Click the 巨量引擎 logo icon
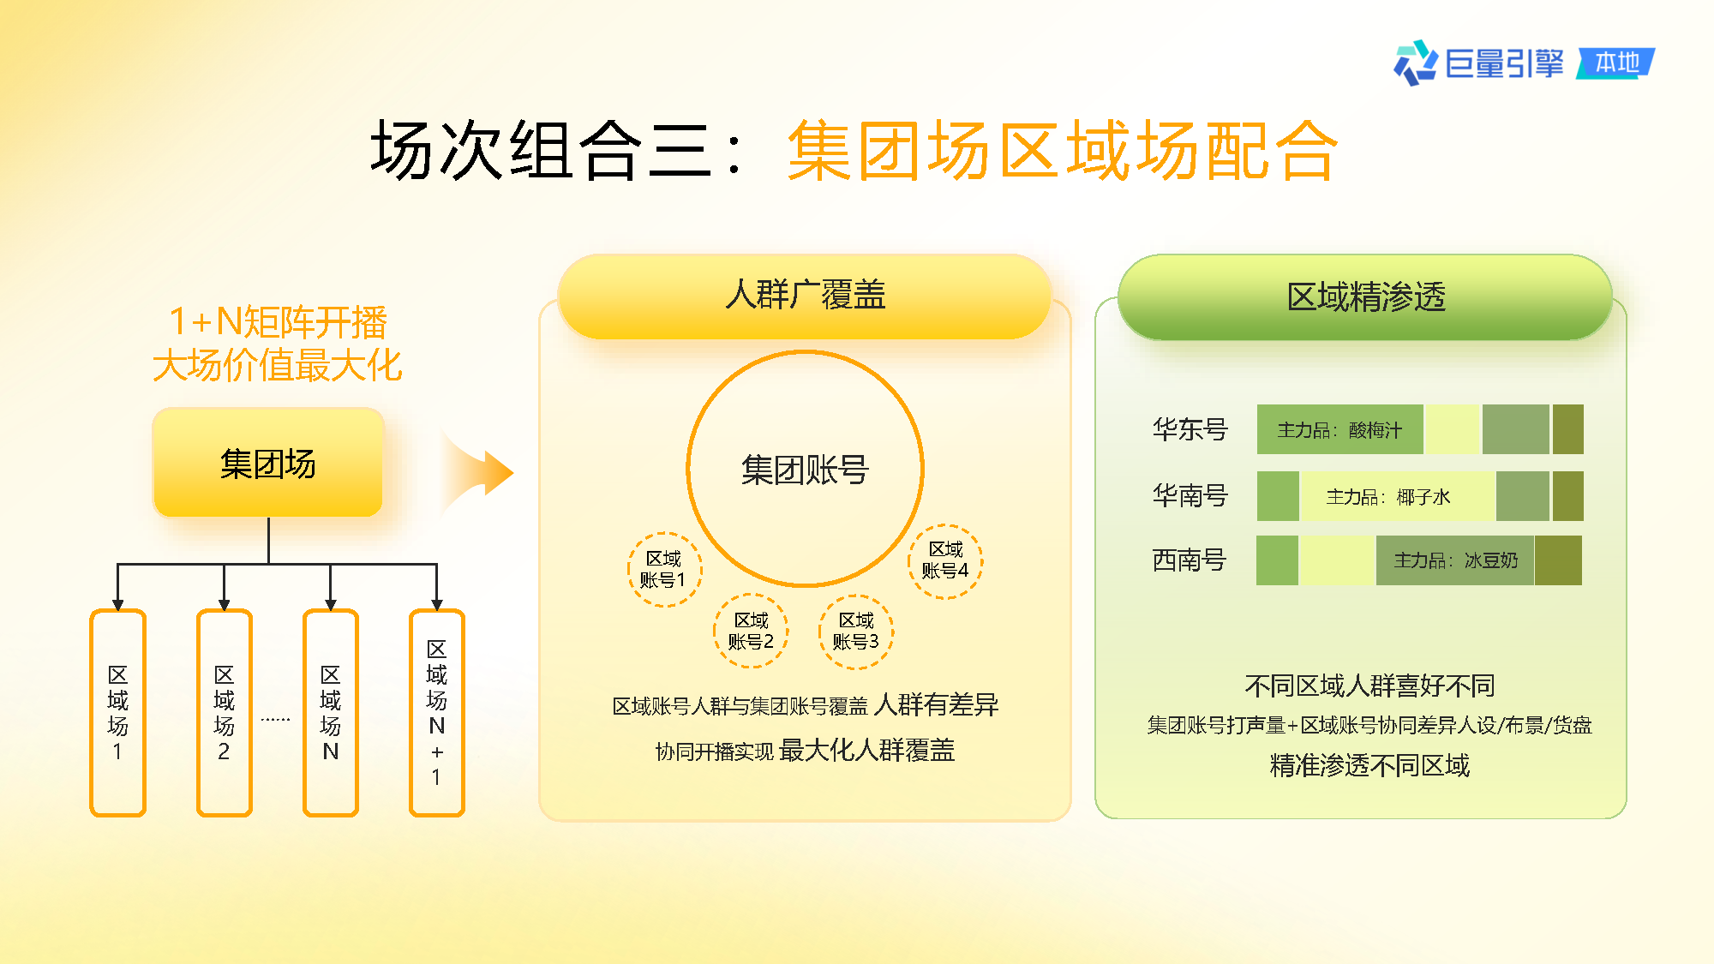pyautogui.click(x=1415, y=63)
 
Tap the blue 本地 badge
pyautogui.click(x=1615, y=63)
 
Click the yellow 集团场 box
pyautogui.click(x=268, y=463)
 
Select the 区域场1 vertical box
pyautogui.click(x=118, y=713)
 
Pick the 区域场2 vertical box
pyautogui.click(x=225, y=713)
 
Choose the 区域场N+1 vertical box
pyautogui.click(x=437, y=713)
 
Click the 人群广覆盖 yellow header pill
pyautogui.click(x=805, y=296)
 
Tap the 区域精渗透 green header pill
pyautogui.click(x=1365, y=296)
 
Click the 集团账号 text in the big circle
pyautogui.click(x=805, y=470)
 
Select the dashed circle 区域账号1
pyautogui.click(x=664, y=569)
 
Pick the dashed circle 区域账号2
pyautogui.click(x=751, y=631)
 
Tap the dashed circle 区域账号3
pyautogui.click(x=856, y=631)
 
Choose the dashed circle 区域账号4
pyautogui.click(x=945, y=560)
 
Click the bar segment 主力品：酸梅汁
pyautogui.click(x=1340, y=429)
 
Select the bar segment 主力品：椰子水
pyautogui.click(x=1398, y=496)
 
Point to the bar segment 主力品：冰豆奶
pyautogui.click(x=1455, y=560)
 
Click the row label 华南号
pyautogui.click(x=1190, y=495)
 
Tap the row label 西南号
pyautogui.click(x=1190, y=560)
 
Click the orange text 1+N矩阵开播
pyautogui.click(x=278, y=322)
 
